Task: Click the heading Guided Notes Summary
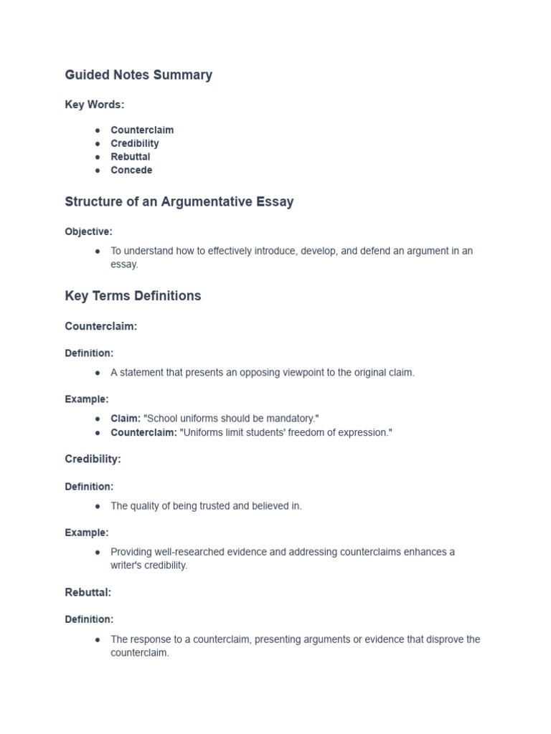tap(138, 75)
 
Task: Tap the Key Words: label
tap(94, 105)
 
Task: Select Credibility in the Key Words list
tap(135, 143)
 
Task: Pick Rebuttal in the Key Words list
tap(130, 156)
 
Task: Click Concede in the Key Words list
tap(131, 170)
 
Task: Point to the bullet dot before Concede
tap(97, 171)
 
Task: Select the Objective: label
tap(88, 232)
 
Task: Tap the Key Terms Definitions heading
tap(133, 295)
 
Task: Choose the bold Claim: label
tap(126, 419)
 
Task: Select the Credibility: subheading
tap(93, 459)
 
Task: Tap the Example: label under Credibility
tap(87, 533)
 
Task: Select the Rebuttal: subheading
tap(88, 593)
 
